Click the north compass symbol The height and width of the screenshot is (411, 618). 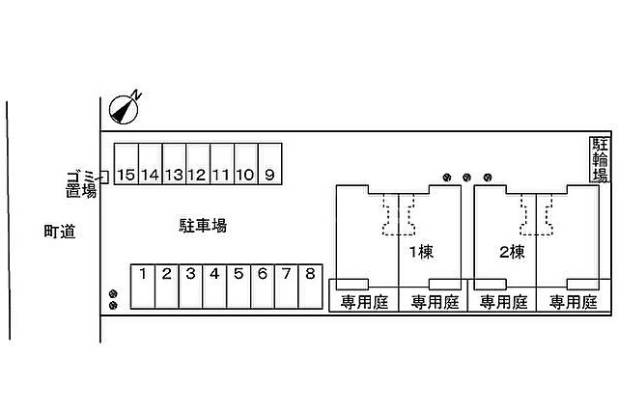pyautogui.click(x=124, y=110)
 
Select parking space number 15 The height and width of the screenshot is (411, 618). pyautogui.click(x=126, y=164)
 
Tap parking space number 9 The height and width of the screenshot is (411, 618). pyautogui.click(x=270, y=164)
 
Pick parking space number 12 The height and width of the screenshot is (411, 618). pyautogui.click(x=198, y=164)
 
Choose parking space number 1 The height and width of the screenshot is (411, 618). pyautogui.click(x=143, y=287)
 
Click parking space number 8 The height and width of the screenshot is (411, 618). pyautogui.click(x=311, y=287)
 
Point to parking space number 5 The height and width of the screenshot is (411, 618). pyautogui.click(x=239, y=287)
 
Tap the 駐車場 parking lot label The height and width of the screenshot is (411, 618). pyautogui.click(x=203, y=226)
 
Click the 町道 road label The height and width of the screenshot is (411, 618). pyautogui.click(x=60, y=232)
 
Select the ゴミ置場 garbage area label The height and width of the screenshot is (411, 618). pyautogui.click(x=81, y=184)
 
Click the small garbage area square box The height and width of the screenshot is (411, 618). pyautogui.click(x=104, y=178)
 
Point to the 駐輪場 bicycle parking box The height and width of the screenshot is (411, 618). pyautogui.click(x=600, y=159)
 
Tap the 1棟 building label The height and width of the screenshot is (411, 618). pyautogui.click(x=421, y=252)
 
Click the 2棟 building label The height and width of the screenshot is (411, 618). pyautogui.click(x=512, y=252)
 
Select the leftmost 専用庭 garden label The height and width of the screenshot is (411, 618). pyautogui.click(x=365, y=302)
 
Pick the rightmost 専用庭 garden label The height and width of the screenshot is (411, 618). pyautogui.click(x=574, y=302)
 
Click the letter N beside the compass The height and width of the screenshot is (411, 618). pyautogui.click(x=136, y=95)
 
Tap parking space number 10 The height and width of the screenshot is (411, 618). pyautogui.click(x=246, y=164)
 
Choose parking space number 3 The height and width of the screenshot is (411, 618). pyautogui.click(x=191, y=287)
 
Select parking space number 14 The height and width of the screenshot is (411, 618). pyautogui.click(x=151, y=164)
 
